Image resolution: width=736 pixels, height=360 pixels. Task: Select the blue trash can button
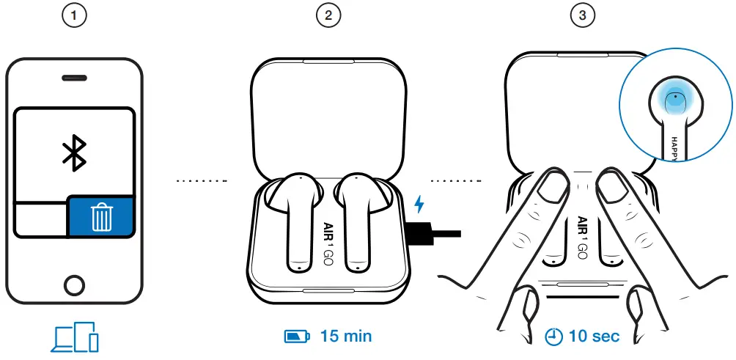pos(101,217)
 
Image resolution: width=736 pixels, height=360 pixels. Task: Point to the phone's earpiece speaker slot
pos(74,77)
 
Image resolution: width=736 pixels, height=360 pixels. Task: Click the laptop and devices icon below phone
pos(74,337)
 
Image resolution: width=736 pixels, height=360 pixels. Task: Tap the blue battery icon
pos(297,337)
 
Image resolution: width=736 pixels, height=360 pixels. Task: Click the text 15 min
pos(345,337)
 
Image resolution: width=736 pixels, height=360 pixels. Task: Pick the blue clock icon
pos(554,337)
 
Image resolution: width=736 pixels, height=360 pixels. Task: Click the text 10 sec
pos(594,337)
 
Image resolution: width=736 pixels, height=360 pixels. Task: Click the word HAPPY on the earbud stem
pos(675,147)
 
